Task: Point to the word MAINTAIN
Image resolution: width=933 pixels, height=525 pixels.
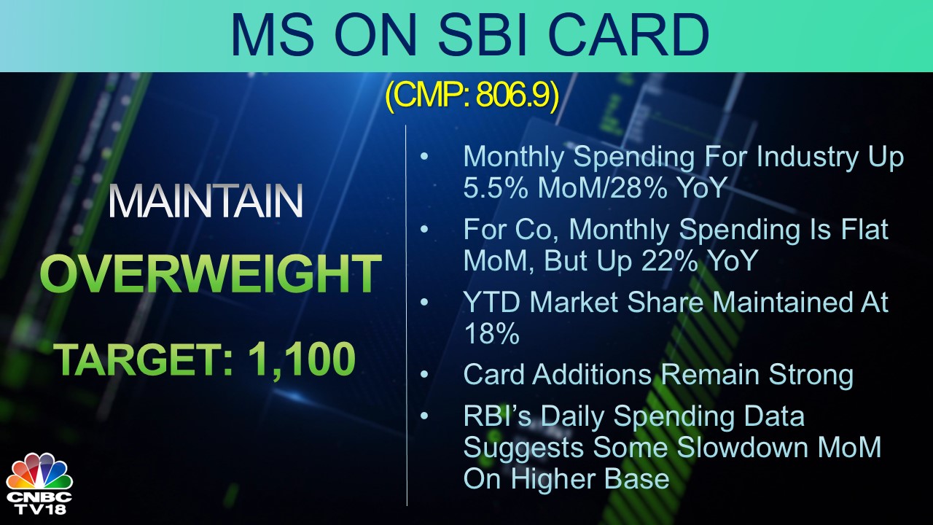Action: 205,202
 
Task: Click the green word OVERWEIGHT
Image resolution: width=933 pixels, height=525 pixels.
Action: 210,275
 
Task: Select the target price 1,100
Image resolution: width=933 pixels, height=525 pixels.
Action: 302,359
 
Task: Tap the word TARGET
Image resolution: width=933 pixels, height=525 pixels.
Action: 141,359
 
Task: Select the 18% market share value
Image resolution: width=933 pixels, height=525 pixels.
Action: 491,333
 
